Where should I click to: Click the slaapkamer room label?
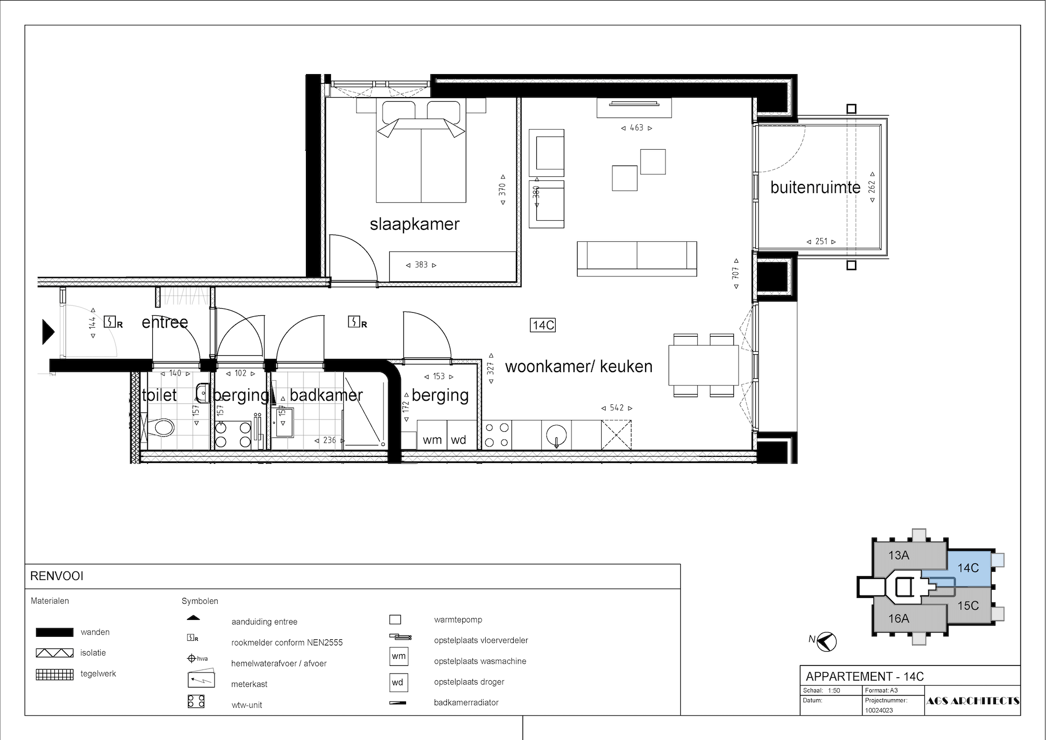coord(415,224)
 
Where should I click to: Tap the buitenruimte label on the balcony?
coord(816,188)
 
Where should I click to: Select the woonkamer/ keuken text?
coord(579,366)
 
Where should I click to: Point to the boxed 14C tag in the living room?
coord(543,325)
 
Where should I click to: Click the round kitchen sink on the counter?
coord(557,435)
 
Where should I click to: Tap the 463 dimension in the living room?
coord(636,128)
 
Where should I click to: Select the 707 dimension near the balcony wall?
coord(736,273)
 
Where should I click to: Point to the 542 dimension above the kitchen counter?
coord(616,408)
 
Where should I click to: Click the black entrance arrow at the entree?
coord(48,331)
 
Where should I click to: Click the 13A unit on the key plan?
coord(898,556)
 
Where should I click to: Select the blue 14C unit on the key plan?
coord(968,568)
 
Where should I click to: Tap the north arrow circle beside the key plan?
coord(826,642)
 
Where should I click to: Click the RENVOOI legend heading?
coord(57,576)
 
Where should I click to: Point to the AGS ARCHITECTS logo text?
coord(972,701)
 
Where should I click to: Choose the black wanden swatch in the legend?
coord(54,632)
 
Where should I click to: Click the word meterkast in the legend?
coord(249,684)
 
